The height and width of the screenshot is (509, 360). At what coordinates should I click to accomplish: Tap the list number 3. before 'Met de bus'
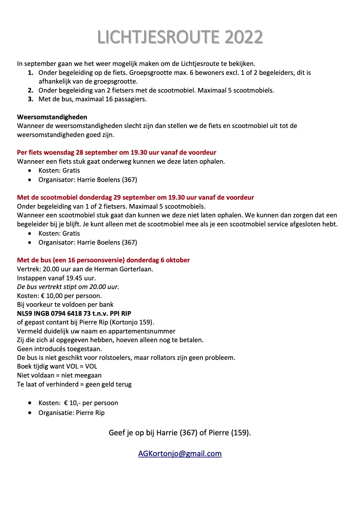tap(31, 99)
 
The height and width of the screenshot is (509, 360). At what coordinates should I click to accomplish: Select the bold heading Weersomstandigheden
tap(52, 117)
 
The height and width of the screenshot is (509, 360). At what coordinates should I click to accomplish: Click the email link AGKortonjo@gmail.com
tap(180, 454)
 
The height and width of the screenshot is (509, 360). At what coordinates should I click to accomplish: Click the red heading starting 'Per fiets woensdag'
tap(116, 152)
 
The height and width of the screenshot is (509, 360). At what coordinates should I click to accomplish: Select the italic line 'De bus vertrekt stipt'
tap(68, 287)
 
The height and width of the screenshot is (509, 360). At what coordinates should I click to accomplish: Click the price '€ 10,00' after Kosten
tap(53, 296)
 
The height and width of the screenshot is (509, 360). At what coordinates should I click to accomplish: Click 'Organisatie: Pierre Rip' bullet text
tap(71, 413)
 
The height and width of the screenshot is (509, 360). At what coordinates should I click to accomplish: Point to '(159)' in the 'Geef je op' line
tap(241, 433)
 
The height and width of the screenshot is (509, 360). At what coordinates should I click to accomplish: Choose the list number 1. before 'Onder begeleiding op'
tap(31, 73)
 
